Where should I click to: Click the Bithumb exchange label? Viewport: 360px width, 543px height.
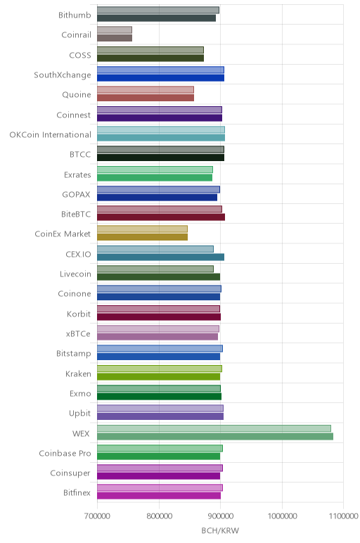tap(75, 15)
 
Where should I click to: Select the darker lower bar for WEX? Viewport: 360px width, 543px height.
tap(215, 436)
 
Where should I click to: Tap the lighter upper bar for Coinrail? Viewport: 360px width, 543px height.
tap(114, 30)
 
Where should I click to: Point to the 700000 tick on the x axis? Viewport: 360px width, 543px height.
tap(97, 516)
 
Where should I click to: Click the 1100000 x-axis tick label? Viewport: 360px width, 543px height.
tap(344, 516)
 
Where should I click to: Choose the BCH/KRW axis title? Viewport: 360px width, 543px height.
tap(220, 530)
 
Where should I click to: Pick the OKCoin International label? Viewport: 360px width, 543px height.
tap(50, 135)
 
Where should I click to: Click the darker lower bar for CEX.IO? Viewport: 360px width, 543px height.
tap(160, 257)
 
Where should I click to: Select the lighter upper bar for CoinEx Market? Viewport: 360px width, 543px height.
tap(142, 229)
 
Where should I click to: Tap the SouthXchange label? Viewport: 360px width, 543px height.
tap(63, 75)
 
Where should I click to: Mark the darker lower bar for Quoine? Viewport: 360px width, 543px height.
tap(146, 98)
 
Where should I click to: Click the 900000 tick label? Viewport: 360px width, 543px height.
tap(221, 516)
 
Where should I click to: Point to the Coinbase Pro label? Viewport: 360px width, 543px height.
tap(65, 453)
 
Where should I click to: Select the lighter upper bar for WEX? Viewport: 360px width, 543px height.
tap(214, 428)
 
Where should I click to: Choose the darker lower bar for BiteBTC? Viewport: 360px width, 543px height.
tap(161, 217)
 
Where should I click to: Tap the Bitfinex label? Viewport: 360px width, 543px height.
tap(77, 493)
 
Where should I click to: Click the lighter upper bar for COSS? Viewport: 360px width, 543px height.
tap(150, 50)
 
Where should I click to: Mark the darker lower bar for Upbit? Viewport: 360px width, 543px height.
tap(160, 416)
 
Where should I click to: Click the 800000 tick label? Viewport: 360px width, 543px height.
tap(159, 516)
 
